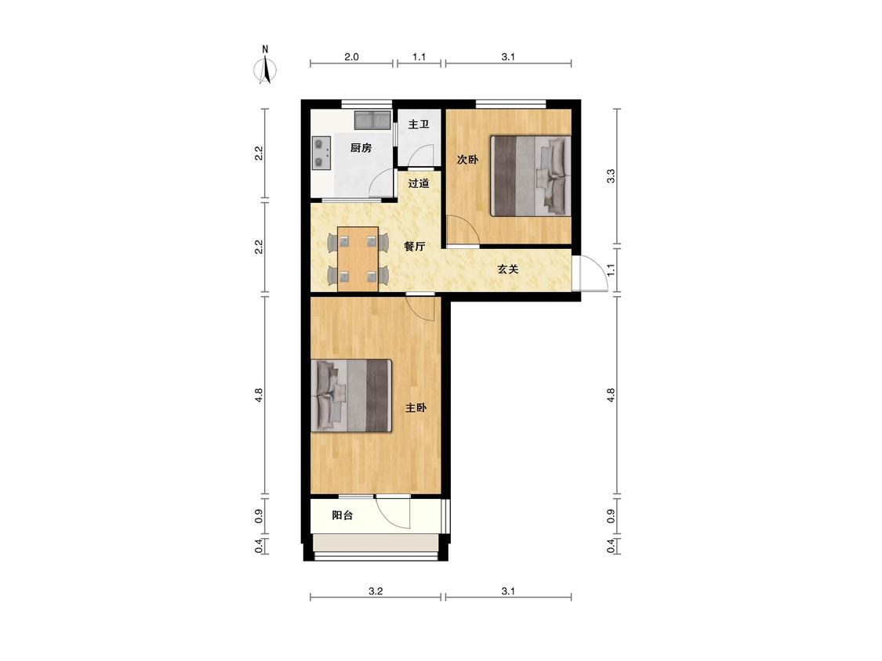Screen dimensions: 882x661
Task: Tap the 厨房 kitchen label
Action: pos(361,148)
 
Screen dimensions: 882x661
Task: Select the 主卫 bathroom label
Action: pos(419,125)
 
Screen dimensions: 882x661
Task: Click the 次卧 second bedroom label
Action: pos(467,160)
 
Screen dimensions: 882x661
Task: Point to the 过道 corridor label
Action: pos(419,183)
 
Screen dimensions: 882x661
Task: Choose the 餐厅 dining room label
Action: pos(415,246)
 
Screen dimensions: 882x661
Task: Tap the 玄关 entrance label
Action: pos(507,269)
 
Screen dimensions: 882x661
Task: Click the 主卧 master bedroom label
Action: pos(416,408)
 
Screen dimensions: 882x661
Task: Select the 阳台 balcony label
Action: pos(342,515)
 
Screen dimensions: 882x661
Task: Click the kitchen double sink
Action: pos(372,121)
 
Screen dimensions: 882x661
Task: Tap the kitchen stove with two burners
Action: pos(321,153)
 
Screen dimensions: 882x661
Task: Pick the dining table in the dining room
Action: pos(358,259)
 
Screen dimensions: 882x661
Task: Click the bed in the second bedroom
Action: pos(531,176)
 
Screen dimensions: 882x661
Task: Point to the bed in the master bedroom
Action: pos(351,396)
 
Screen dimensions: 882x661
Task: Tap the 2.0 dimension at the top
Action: pos(351,56)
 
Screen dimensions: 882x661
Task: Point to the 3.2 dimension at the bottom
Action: pos(376,591)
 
